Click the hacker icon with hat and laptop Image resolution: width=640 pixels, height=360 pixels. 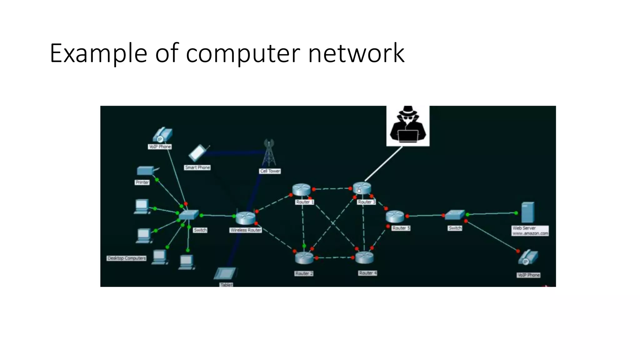pos(408,126)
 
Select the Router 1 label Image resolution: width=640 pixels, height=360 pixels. pos(305,202)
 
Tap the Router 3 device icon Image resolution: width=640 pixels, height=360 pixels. pos(362,188)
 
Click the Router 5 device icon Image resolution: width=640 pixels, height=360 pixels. pos(395,216)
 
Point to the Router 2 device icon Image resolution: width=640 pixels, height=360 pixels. pos(304,258)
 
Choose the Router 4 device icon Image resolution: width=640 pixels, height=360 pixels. pos(364,257)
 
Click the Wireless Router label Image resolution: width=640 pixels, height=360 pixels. pos(246,230)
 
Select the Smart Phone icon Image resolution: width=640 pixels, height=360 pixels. pos(197,153)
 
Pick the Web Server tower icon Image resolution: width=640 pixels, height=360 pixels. pos(528,212)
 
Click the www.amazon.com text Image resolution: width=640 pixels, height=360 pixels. pos(530,233)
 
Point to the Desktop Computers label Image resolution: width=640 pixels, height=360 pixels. pos(127,258)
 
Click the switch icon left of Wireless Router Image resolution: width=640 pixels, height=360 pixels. pos(189,215)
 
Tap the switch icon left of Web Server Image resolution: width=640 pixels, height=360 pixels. pos(455,215)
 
